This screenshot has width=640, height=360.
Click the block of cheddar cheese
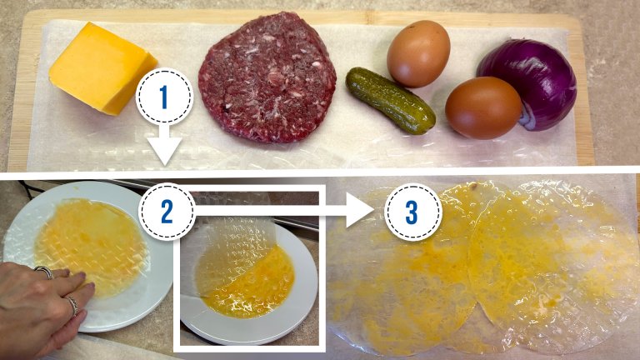point(102,68)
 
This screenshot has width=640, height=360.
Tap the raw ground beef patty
point(267,77)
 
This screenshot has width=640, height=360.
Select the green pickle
point(390,100)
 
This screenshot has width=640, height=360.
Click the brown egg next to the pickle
point(483,107)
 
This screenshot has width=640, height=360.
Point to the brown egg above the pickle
point(418,53)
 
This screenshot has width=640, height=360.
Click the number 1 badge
point(164,97)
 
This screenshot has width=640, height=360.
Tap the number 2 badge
point(167,211)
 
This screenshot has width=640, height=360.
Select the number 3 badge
point(412,212)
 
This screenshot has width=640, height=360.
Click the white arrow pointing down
point(164,144)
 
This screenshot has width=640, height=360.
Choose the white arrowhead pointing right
point(360,211)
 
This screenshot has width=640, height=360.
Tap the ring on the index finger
point(44,272)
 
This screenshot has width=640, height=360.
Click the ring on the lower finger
point(72,306)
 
